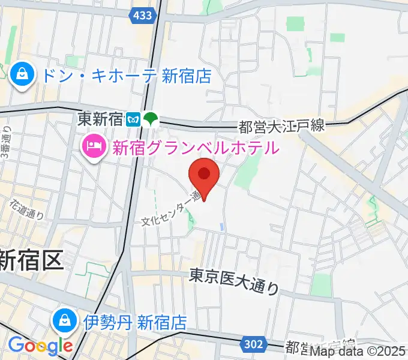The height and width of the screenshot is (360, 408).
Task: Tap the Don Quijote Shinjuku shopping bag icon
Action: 22,76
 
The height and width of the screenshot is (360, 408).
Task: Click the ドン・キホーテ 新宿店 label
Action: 126,76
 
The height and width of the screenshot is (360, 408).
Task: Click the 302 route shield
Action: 253,343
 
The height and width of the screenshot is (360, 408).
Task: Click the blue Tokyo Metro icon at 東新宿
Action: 133,119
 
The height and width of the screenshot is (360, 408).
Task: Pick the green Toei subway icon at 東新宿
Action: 150,119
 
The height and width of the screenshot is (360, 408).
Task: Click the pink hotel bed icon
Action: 94,146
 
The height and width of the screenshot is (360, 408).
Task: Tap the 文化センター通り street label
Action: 171,209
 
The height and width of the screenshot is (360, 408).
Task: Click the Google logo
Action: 40,345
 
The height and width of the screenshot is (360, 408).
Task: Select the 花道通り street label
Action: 28,209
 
